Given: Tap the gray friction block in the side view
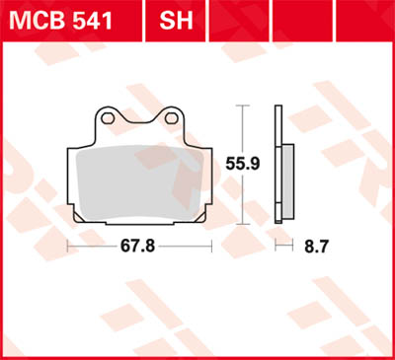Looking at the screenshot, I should pyautogui.click(x=287, y=178).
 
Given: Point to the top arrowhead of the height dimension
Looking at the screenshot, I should pyautogui.click(x=245, y=107).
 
